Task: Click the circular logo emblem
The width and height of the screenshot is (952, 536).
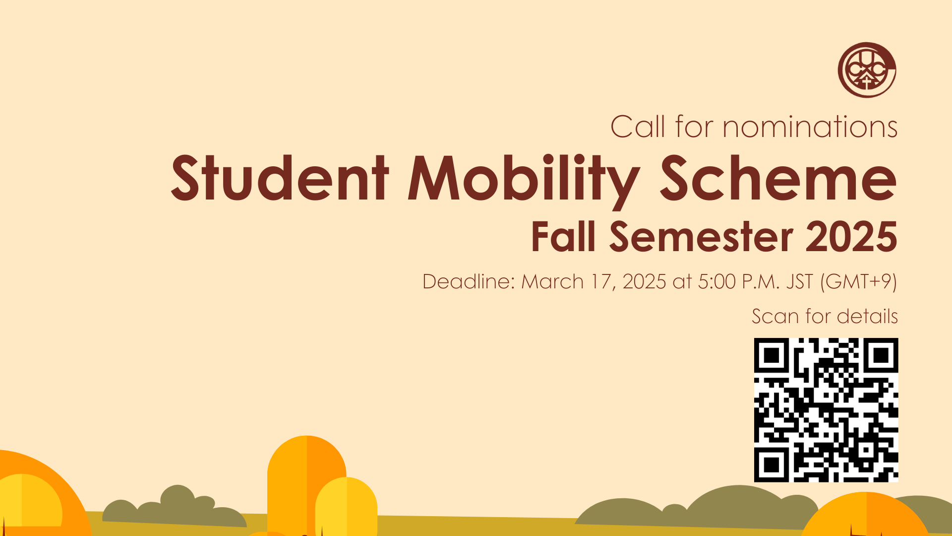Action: [x=867, y=70]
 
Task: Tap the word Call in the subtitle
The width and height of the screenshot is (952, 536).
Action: [x=637, y=127]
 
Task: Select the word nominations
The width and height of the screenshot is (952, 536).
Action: [x=810, y=127]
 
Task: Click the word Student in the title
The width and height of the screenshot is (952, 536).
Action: [x=280, y=178]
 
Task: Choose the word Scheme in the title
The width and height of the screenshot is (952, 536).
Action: [x=777, y=178]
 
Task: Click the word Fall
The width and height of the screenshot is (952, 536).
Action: [x=563, y=237]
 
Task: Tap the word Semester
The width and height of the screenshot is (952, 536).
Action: [x=701, y=237]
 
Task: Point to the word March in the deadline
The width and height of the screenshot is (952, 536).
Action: [x=552, y=282]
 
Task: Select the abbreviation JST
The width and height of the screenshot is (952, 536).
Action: [x=799, y=282]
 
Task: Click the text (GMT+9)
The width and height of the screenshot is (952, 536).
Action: [x=859, y=282]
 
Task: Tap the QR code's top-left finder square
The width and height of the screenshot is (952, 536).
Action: [x=772, y=355]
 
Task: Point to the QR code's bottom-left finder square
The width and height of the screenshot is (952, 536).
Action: [x=772, y=465]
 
